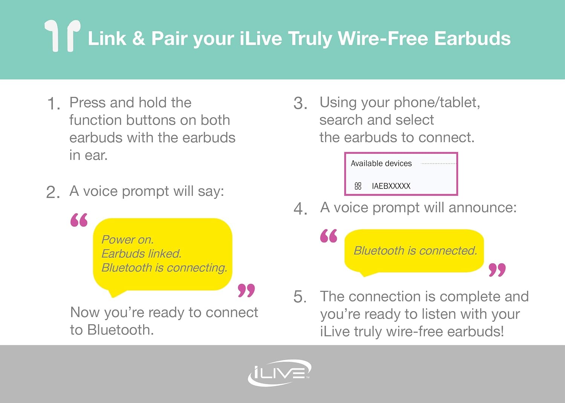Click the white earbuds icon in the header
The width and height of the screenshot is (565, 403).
pos(63,35)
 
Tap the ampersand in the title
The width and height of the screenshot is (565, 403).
pos(139,38)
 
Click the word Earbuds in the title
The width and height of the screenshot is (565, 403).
pos(472,38)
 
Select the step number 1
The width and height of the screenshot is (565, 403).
pos(53,104)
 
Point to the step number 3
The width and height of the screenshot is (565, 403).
pos(300,104)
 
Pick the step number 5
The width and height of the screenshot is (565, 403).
pos(300,296)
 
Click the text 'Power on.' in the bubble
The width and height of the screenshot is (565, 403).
pos(127,240)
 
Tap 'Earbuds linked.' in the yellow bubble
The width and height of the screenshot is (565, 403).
pos(142,254)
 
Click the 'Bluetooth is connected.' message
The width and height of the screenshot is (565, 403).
pos(415,251)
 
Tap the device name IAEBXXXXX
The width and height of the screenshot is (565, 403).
pos(391,186)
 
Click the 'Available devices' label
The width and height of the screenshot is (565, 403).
pos(381,163)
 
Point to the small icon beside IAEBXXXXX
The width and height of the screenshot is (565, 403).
pos(358,186)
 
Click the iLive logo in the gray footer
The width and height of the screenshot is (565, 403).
pos(279,373)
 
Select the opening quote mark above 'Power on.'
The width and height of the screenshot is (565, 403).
pos(79,220)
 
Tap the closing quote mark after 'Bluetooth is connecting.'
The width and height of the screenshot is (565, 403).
pos(246,290)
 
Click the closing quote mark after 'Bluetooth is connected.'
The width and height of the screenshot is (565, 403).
pos(497,270)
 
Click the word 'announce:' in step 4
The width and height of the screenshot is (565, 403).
pos(483,208)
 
